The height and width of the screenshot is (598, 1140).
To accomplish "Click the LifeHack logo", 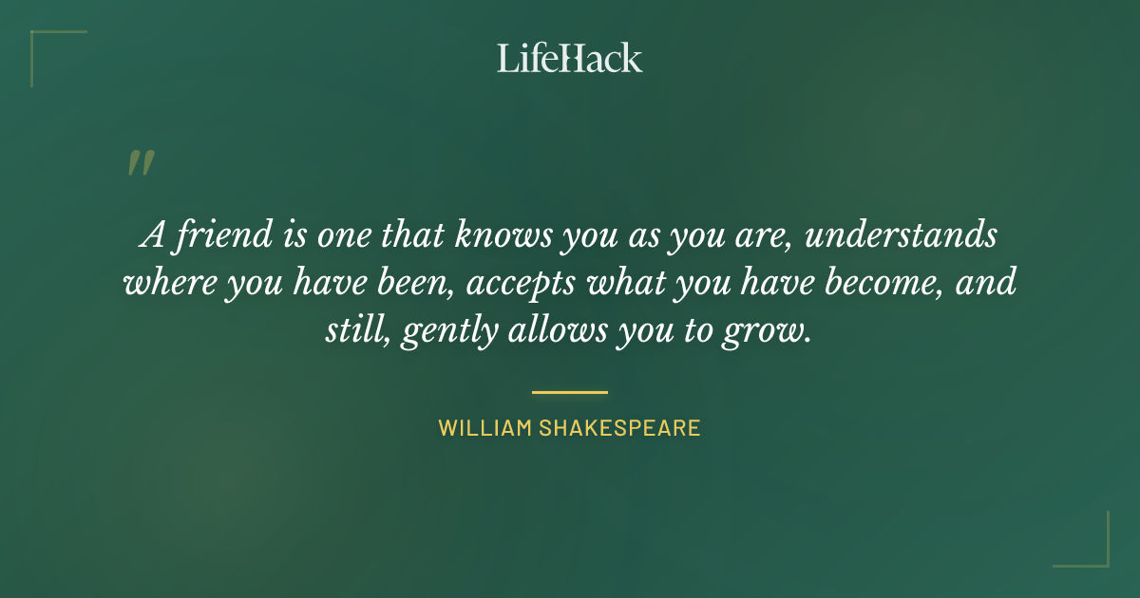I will pyautogui.click(x=570, y=58).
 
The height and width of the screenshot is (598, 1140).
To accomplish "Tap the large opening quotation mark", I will pyautogui.click(x=140, y=163).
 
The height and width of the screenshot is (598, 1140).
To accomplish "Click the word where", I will pyautogui.click(x=168, y=282).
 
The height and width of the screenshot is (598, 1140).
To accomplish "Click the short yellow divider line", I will pyautogui.click(x=570, y=391).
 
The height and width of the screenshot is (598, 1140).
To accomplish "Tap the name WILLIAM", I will pyautogui.click(x=484, y=428).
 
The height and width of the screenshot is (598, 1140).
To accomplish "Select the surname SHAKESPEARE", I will pyautogui.click(x=620, y=428).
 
